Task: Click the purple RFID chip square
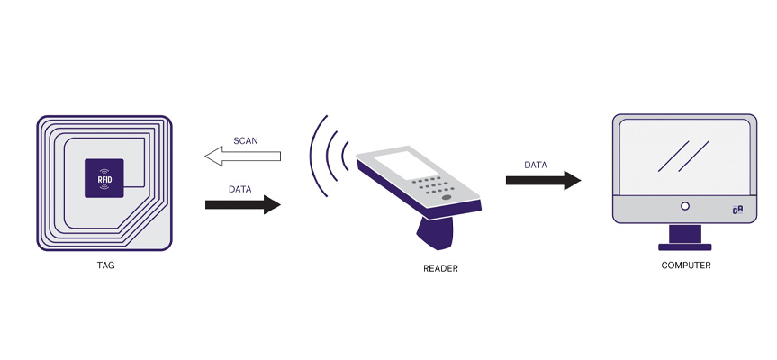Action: [104, 177]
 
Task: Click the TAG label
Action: [104, 265]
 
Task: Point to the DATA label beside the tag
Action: [239, 189]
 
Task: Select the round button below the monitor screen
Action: [684, 207]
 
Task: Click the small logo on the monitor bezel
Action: [737, 209]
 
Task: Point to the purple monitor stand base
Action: [684, 246]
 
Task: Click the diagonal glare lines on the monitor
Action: [682, 155]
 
